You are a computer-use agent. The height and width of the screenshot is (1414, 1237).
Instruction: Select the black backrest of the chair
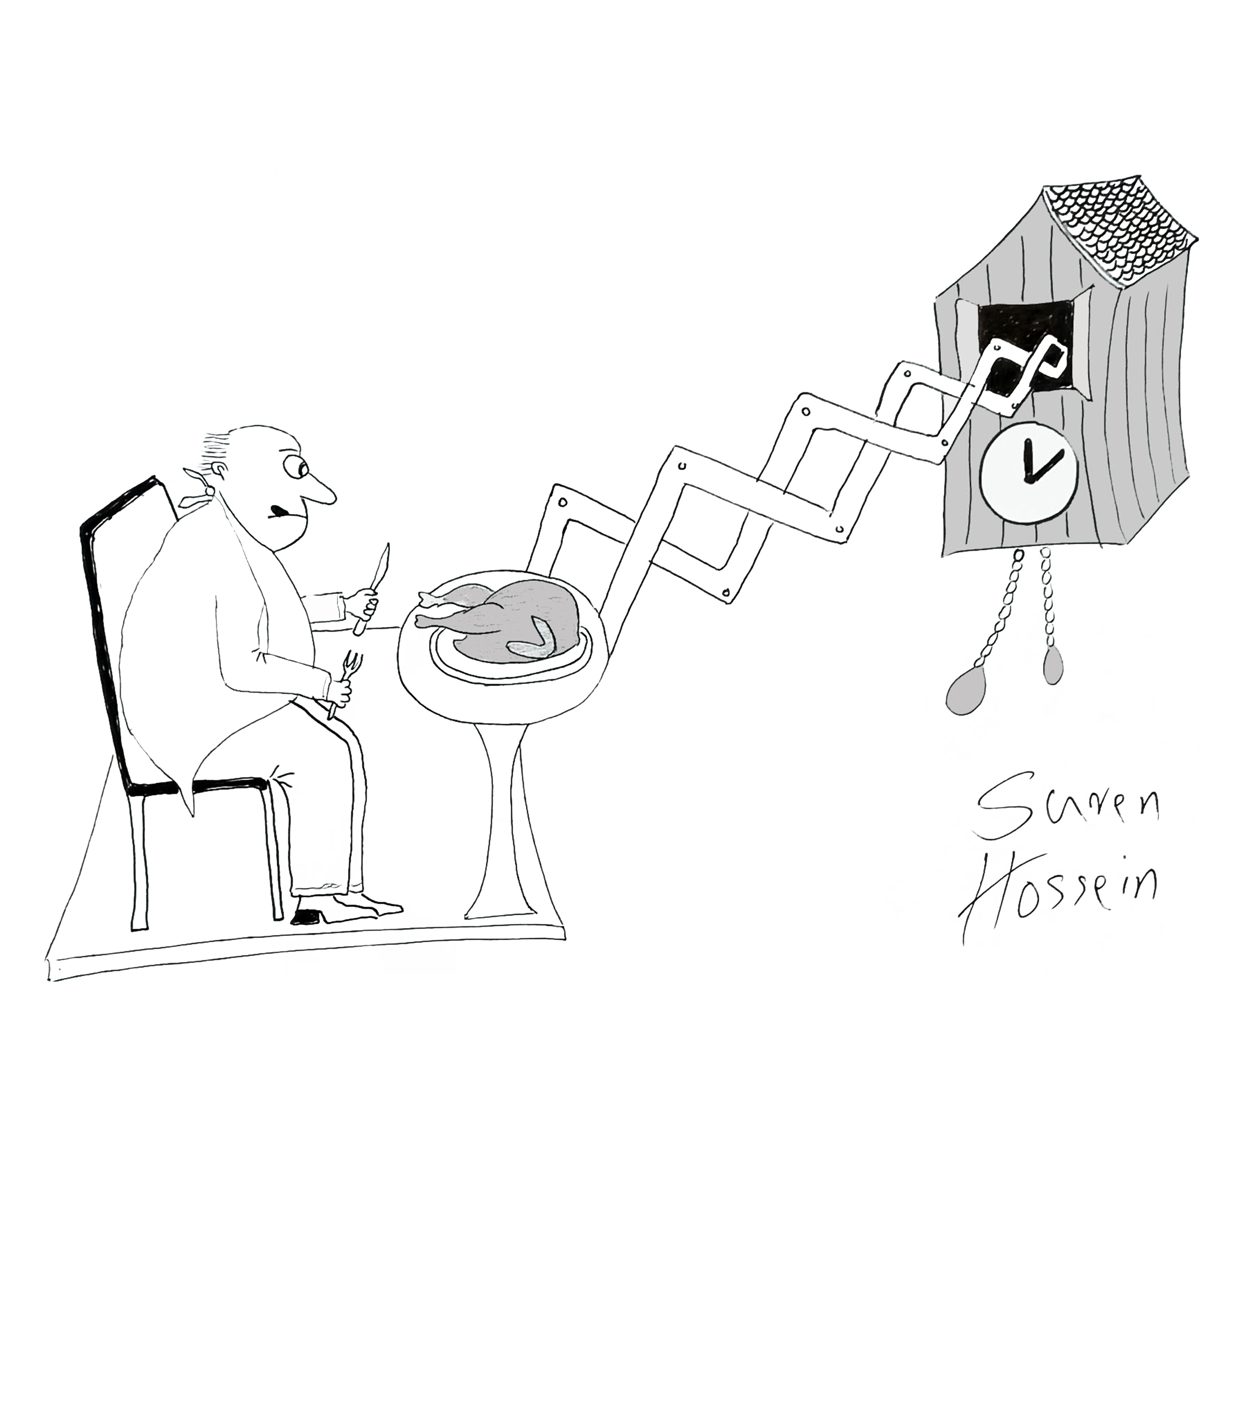104,621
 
